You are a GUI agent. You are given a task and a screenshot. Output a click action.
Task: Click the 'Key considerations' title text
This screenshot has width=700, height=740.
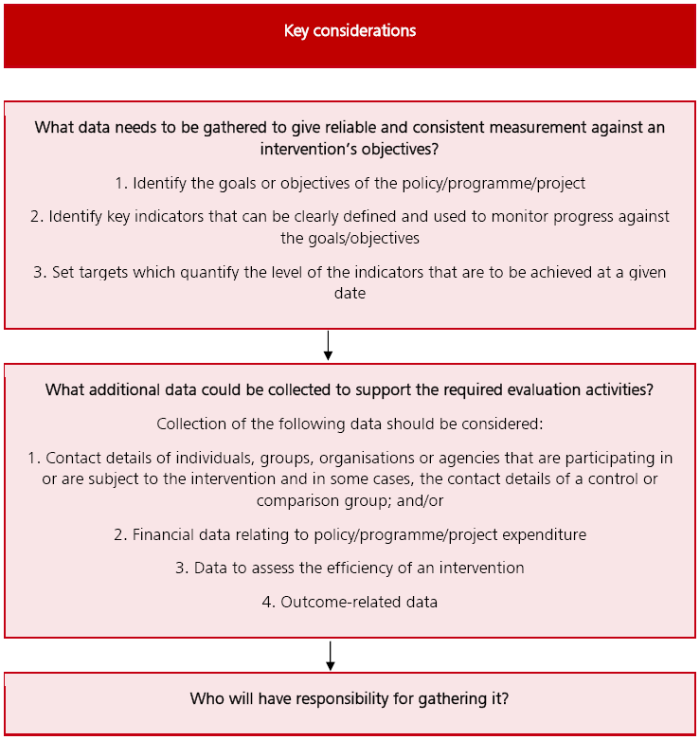350,31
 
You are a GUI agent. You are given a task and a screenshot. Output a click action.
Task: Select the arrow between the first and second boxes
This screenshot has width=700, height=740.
328,345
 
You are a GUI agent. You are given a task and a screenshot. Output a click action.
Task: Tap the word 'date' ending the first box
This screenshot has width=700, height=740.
350,294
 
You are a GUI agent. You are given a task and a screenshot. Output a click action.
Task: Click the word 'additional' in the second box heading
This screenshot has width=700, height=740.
123,389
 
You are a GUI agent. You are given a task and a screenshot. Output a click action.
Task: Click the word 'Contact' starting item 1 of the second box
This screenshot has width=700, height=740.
72,458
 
